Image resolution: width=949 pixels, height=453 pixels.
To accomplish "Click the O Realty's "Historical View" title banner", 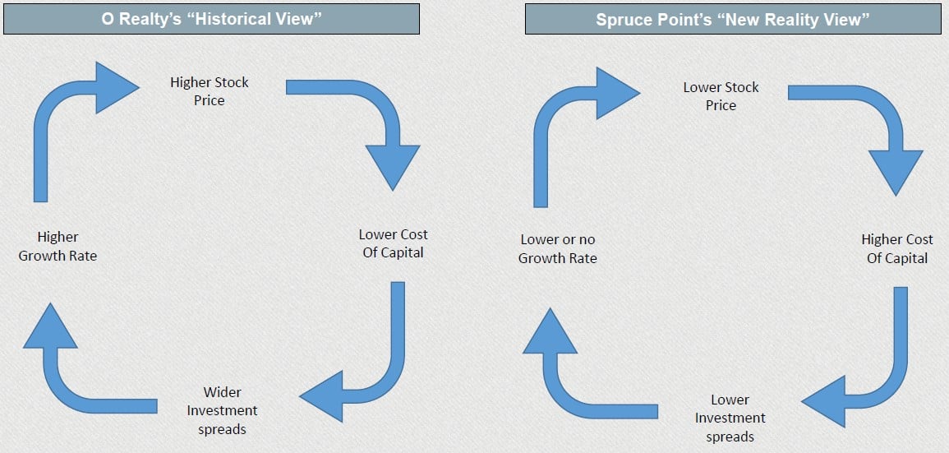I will click(x=211, y=19).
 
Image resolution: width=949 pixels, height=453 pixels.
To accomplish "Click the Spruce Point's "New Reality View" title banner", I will click(x=733, y=19).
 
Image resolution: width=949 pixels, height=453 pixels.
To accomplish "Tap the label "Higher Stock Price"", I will click(x=210, y=91).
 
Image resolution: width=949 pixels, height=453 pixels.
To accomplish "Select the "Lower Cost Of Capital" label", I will click(x=394, y=243).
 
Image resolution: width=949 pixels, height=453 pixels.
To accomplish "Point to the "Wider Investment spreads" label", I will click(x=222, y=410).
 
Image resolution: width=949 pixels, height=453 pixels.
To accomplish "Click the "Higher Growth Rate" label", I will click(x=58, y=247).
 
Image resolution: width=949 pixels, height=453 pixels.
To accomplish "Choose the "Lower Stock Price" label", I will click(x=721, y=96).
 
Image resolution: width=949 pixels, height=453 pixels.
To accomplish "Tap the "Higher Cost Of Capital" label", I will click(x=896, y=248).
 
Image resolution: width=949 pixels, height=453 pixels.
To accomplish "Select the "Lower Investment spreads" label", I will click(x=730, y=418).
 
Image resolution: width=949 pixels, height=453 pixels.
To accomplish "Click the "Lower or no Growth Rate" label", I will click(x=558, y=249).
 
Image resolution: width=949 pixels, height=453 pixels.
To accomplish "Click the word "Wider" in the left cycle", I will click(x=222, y=392).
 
